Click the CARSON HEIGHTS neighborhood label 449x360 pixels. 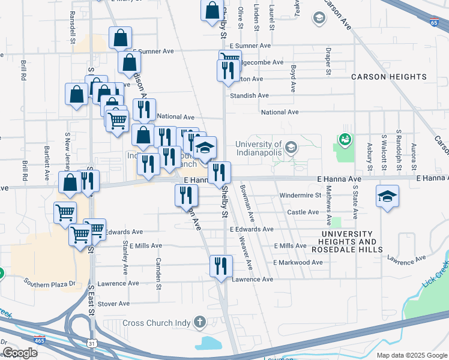pos(388,77)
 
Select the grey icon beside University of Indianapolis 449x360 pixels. pos(291,147)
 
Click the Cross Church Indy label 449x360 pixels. pos(155,323)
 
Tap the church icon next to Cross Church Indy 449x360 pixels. pos(199,323)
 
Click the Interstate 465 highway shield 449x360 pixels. pos(40,340)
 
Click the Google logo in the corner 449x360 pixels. pos(20,352)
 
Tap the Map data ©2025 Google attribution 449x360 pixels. pos(411,355)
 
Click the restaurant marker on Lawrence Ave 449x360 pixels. pos(220,266)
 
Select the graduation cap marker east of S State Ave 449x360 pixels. pos(387,195)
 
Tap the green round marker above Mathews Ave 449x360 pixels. pos(345,140)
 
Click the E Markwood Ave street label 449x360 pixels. pos(298,263)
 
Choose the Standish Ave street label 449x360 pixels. pos(250,95)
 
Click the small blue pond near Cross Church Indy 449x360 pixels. pos(208,344)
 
